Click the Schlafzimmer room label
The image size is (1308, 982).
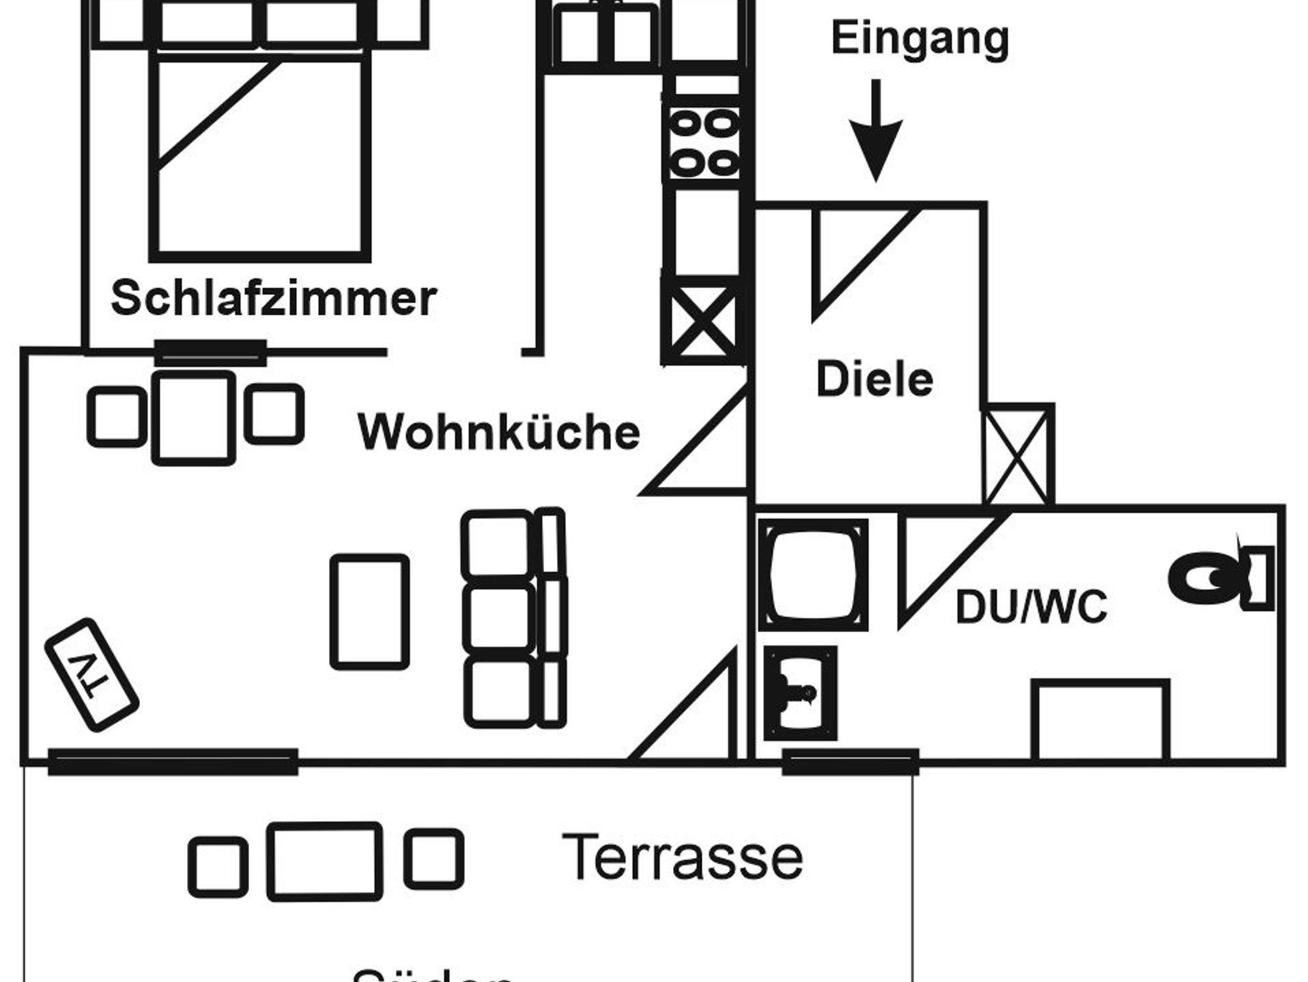(273, 298)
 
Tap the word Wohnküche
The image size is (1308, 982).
(499, 432)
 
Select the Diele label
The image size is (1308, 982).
(874, 380)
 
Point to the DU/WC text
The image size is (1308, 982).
(1031, 607)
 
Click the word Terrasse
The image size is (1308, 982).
(682, 857)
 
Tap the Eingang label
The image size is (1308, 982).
(920, 38)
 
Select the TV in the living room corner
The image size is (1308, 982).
(91, 674)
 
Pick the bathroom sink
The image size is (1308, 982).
(800, 693)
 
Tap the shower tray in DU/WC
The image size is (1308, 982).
(812, 575)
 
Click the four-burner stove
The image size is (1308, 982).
(704, 144)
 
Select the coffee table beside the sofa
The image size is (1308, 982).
(370, 612)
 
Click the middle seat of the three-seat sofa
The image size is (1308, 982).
(499, 618)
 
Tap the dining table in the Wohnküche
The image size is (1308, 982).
(194, 418)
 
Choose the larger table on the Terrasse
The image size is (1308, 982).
(324, 861)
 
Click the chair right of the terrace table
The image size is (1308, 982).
(434, 859)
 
